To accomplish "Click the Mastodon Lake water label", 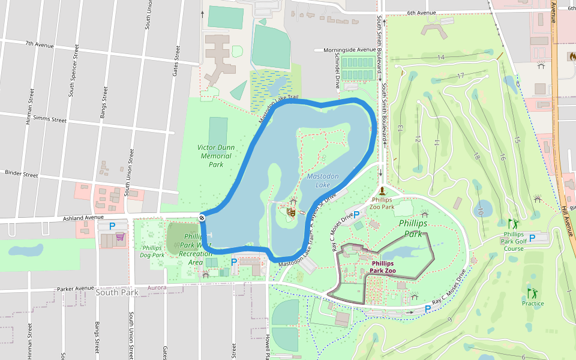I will [x=323, y=181].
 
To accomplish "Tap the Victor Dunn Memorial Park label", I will [x=215, y=155].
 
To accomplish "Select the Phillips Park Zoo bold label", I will [x=383, y=267].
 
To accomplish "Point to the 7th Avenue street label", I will [x=39, y=44].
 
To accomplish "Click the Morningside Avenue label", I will [x=349, y=50].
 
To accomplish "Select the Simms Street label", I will [x=50, y=119].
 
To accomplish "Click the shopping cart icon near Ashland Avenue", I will [x=120, y=237].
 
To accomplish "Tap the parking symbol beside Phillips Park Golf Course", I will [x=532, y=238].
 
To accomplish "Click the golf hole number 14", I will [x=441, y=58].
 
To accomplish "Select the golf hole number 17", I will [x=461, y=76].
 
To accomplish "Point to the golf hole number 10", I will [x=480, y=211].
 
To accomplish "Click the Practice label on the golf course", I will [x=533, y=303].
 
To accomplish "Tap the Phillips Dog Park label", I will [x=153, y=251].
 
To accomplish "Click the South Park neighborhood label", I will [x=116, y=293].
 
